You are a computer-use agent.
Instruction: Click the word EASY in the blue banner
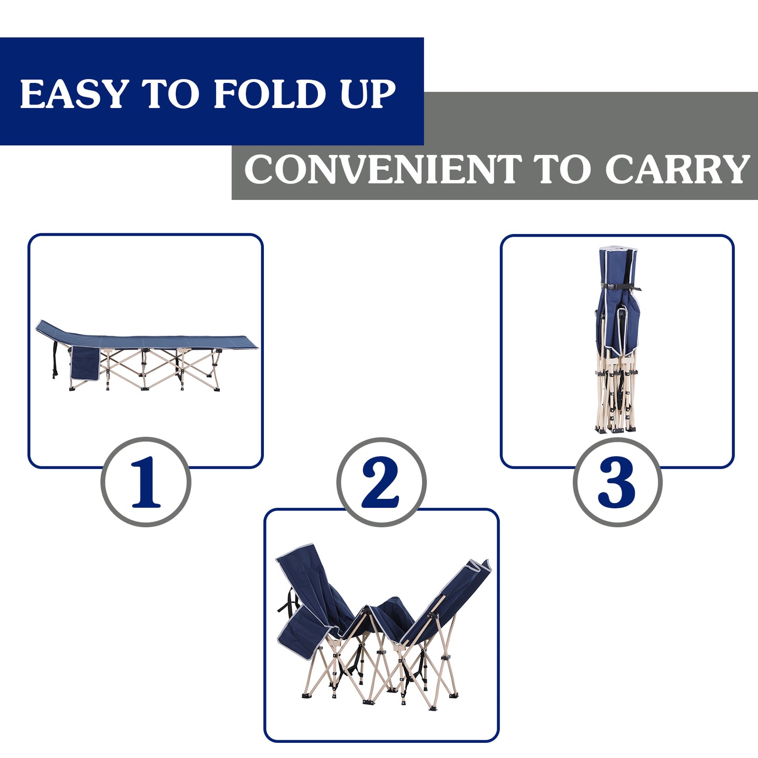point(73,94)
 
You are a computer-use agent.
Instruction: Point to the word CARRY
point(677,169)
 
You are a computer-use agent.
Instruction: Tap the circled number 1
point(146,482)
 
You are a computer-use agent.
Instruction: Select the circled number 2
point(381,482)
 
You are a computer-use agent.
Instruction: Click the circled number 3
point(617,482)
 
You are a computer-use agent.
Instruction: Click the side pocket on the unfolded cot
point(84,363)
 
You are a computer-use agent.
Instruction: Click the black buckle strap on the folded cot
point(621,287)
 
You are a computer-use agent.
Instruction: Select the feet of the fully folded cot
point(615,429)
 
